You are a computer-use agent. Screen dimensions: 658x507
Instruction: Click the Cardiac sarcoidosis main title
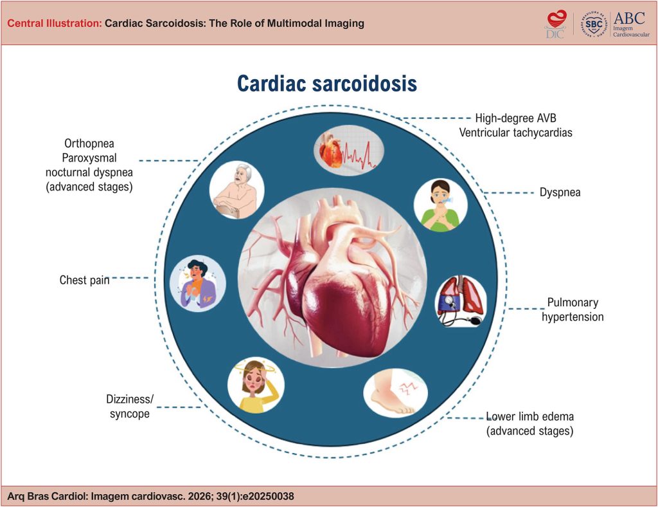pyautogui.click(x=327, y=83)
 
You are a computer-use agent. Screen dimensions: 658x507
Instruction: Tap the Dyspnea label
pyautogui.click(x=560, y=192)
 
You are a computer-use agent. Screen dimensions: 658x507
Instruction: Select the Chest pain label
pyautogui.click(x=84, y=280)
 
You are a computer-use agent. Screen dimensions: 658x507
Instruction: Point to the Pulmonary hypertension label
pyautogui.click(x=573, y=309)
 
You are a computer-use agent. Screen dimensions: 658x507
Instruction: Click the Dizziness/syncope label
pyautogui.click(x=130, y=406)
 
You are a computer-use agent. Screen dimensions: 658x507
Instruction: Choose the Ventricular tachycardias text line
pyautogui.click(x=515, y=133)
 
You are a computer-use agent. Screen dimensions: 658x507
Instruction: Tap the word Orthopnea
pyautogui.click(x=89, y=143)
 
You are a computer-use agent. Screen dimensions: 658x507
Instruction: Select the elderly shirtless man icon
pyautogui.click(x=236, y=190)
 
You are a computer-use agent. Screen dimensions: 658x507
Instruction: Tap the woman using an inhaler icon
pyautogui.click(x=441, y=205)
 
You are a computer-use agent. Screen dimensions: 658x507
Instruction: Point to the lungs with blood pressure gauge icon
pyautogui.click(x=461, y=300)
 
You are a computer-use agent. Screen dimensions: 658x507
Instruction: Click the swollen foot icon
pyautogui.click(x=395, y=393)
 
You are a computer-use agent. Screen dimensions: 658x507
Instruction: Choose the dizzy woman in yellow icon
pyautogui.click(x=256, y=385)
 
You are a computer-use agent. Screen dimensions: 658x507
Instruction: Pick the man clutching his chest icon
pyautogui.click(x=198, y=284)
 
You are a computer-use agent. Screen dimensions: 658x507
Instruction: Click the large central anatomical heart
pyautogui.click(x=332, y=277)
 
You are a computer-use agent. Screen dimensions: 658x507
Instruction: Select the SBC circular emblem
pyautogui.click(x=594, y=24)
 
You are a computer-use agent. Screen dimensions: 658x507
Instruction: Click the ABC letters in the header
pyautogui.click(x=629, y=18)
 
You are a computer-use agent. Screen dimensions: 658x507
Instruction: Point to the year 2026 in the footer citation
pyautogui.click(x=200, y=497)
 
